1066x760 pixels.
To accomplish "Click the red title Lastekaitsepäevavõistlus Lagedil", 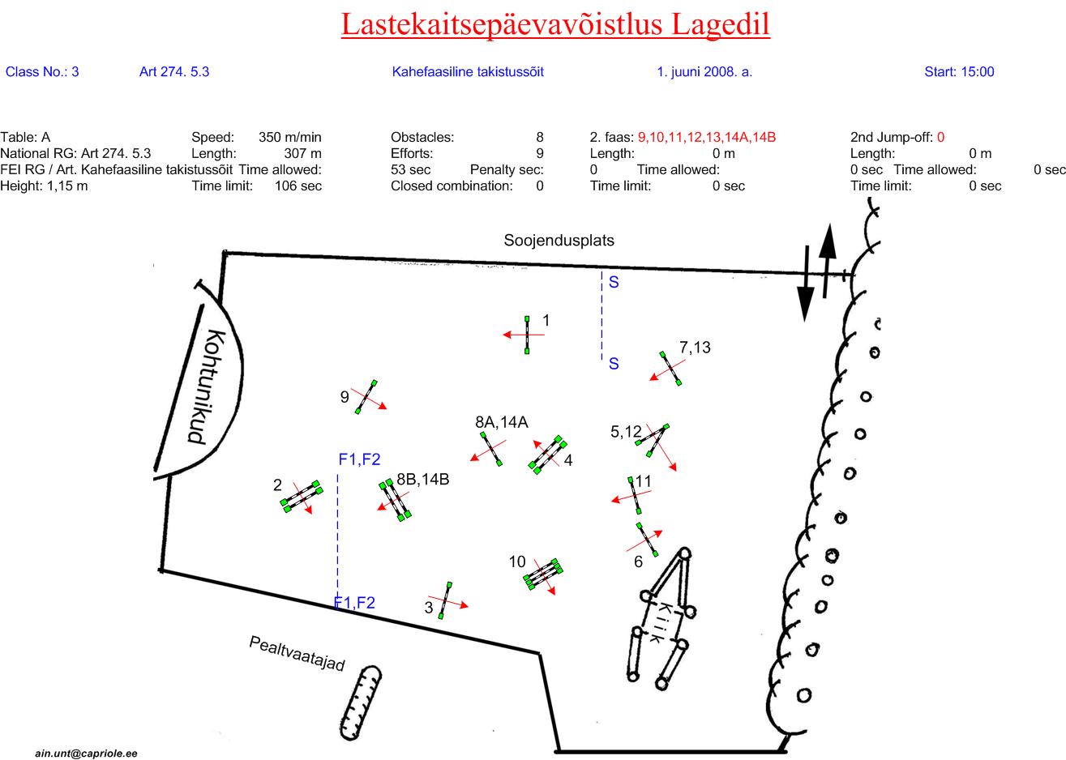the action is [x=555, y=25].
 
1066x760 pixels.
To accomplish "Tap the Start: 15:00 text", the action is [x=959, y=72].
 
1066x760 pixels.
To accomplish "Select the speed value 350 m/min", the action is [x=290, y=138].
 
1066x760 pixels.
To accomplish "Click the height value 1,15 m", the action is [x=67, y=186].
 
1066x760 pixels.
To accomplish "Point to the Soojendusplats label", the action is [x=559, y=241].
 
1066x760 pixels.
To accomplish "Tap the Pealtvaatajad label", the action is [x=297, y=654].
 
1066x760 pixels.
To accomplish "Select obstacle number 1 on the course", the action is [x=527, y=335].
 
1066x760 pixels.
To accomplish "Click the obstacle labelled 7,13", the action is [x=670, y=368].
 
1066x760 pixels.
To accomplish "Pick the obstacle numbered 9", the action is [x=366, y=397].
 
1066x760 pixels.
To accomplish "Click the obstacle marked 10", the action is [x=543, y=574].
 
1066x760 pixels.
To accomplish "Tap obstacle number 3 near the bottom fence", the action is [x=445, y=600].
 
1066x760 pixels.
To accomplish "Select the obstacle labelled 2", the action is [x=302, y=496].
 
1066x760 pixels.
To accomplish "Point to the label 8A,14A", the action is [x=502, y=422].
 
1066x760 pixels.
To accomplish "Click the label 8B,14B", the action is [x=422, y=480].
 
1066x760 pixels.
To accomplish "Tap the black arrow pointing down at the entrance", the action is [x=806, y=284].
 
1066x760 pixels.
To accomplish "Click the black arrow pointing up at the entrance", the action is [x=827, y=261].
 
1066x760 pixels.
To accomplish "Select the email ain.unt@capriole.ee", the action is [x=86, y=754].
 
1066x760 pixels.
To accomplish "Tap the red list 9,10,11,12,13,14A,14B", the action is [x=707, y=138].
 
